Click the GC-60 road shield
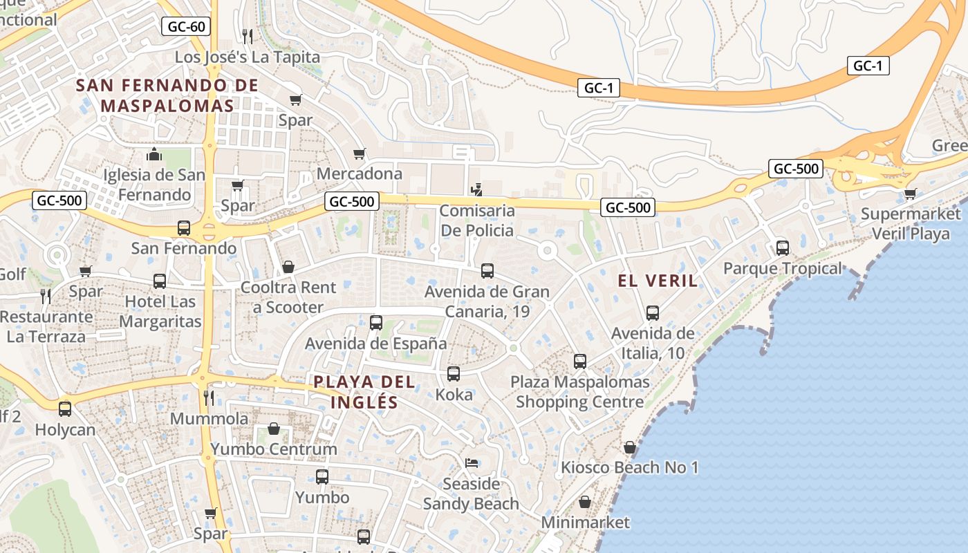click(x=186, y=27)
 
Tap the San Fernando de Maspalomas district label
click(x=167, y=96)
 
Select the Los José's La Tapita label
click(x=248, y=57)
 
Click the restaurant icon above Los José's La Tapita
click(x=248, y=35)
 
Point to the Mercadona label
click(x=360, y=174)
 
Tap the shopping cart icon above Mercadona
click(x=359, y=153)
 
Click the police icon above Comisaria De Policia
click(x=476, y=189)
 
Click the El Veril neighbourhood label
click(x=658, y=281)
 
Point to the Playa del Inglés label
click(x=364, y=392)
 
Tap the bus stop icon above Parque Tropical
click(x=783, y=247)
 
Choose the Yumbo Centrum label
click(x=274, y=449)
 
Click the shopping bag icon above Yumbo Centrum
click(x=274, y=429)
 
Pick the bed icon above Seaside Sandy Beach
click(x=472, y=462)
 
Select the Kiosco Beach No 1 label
click(x=629, y=468)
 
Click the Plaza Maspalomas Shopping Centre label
click(x=580, y=392)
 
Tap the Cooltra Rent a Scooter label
click(x=288, y=297)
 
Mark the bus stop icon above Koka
click(x=454, y=374)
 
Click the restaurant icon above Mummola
click(x=209, y=397)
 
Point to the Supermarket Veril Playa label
click(x=911, y=223)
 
